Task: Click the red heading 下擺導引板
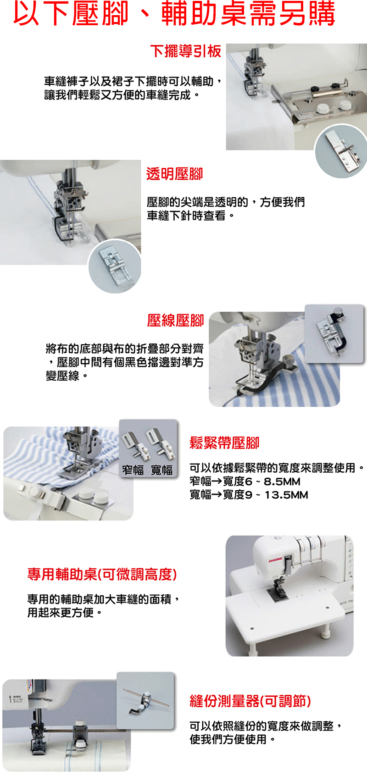(186, 51)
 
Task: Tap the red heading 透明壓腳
(174, 174)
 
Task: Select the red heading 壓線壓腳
(176, 321)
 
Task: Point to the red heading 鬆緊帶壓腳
(224, 443)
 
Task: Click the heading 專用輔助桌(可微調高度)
(102, 574)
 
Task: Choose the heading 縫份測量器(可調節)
(250, 701)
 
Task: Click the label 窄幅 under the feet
(133, 470)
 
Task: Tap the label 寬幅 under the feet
(161, 470)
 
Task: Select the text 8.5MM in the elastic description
(282, 482)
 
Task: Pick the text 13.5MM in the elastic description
(286, 495)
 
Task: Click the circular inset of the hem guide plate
(341, 151)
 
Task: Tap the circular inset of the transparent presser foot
(115, 266)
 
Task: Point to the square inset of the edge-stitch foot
(334, 334)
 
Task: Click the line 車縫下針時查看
(186, 216)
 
